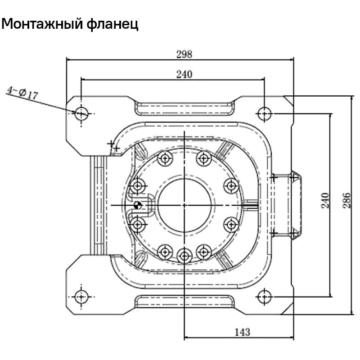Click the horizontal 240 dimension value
(x=184, y=74)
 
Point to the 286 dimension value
(x=346, y=200)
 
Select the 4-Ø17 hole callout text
(x=22, y=93)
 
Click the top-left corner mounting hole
(x=81, y=113)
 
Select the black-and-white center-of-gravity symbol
(x=137, y=206)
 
